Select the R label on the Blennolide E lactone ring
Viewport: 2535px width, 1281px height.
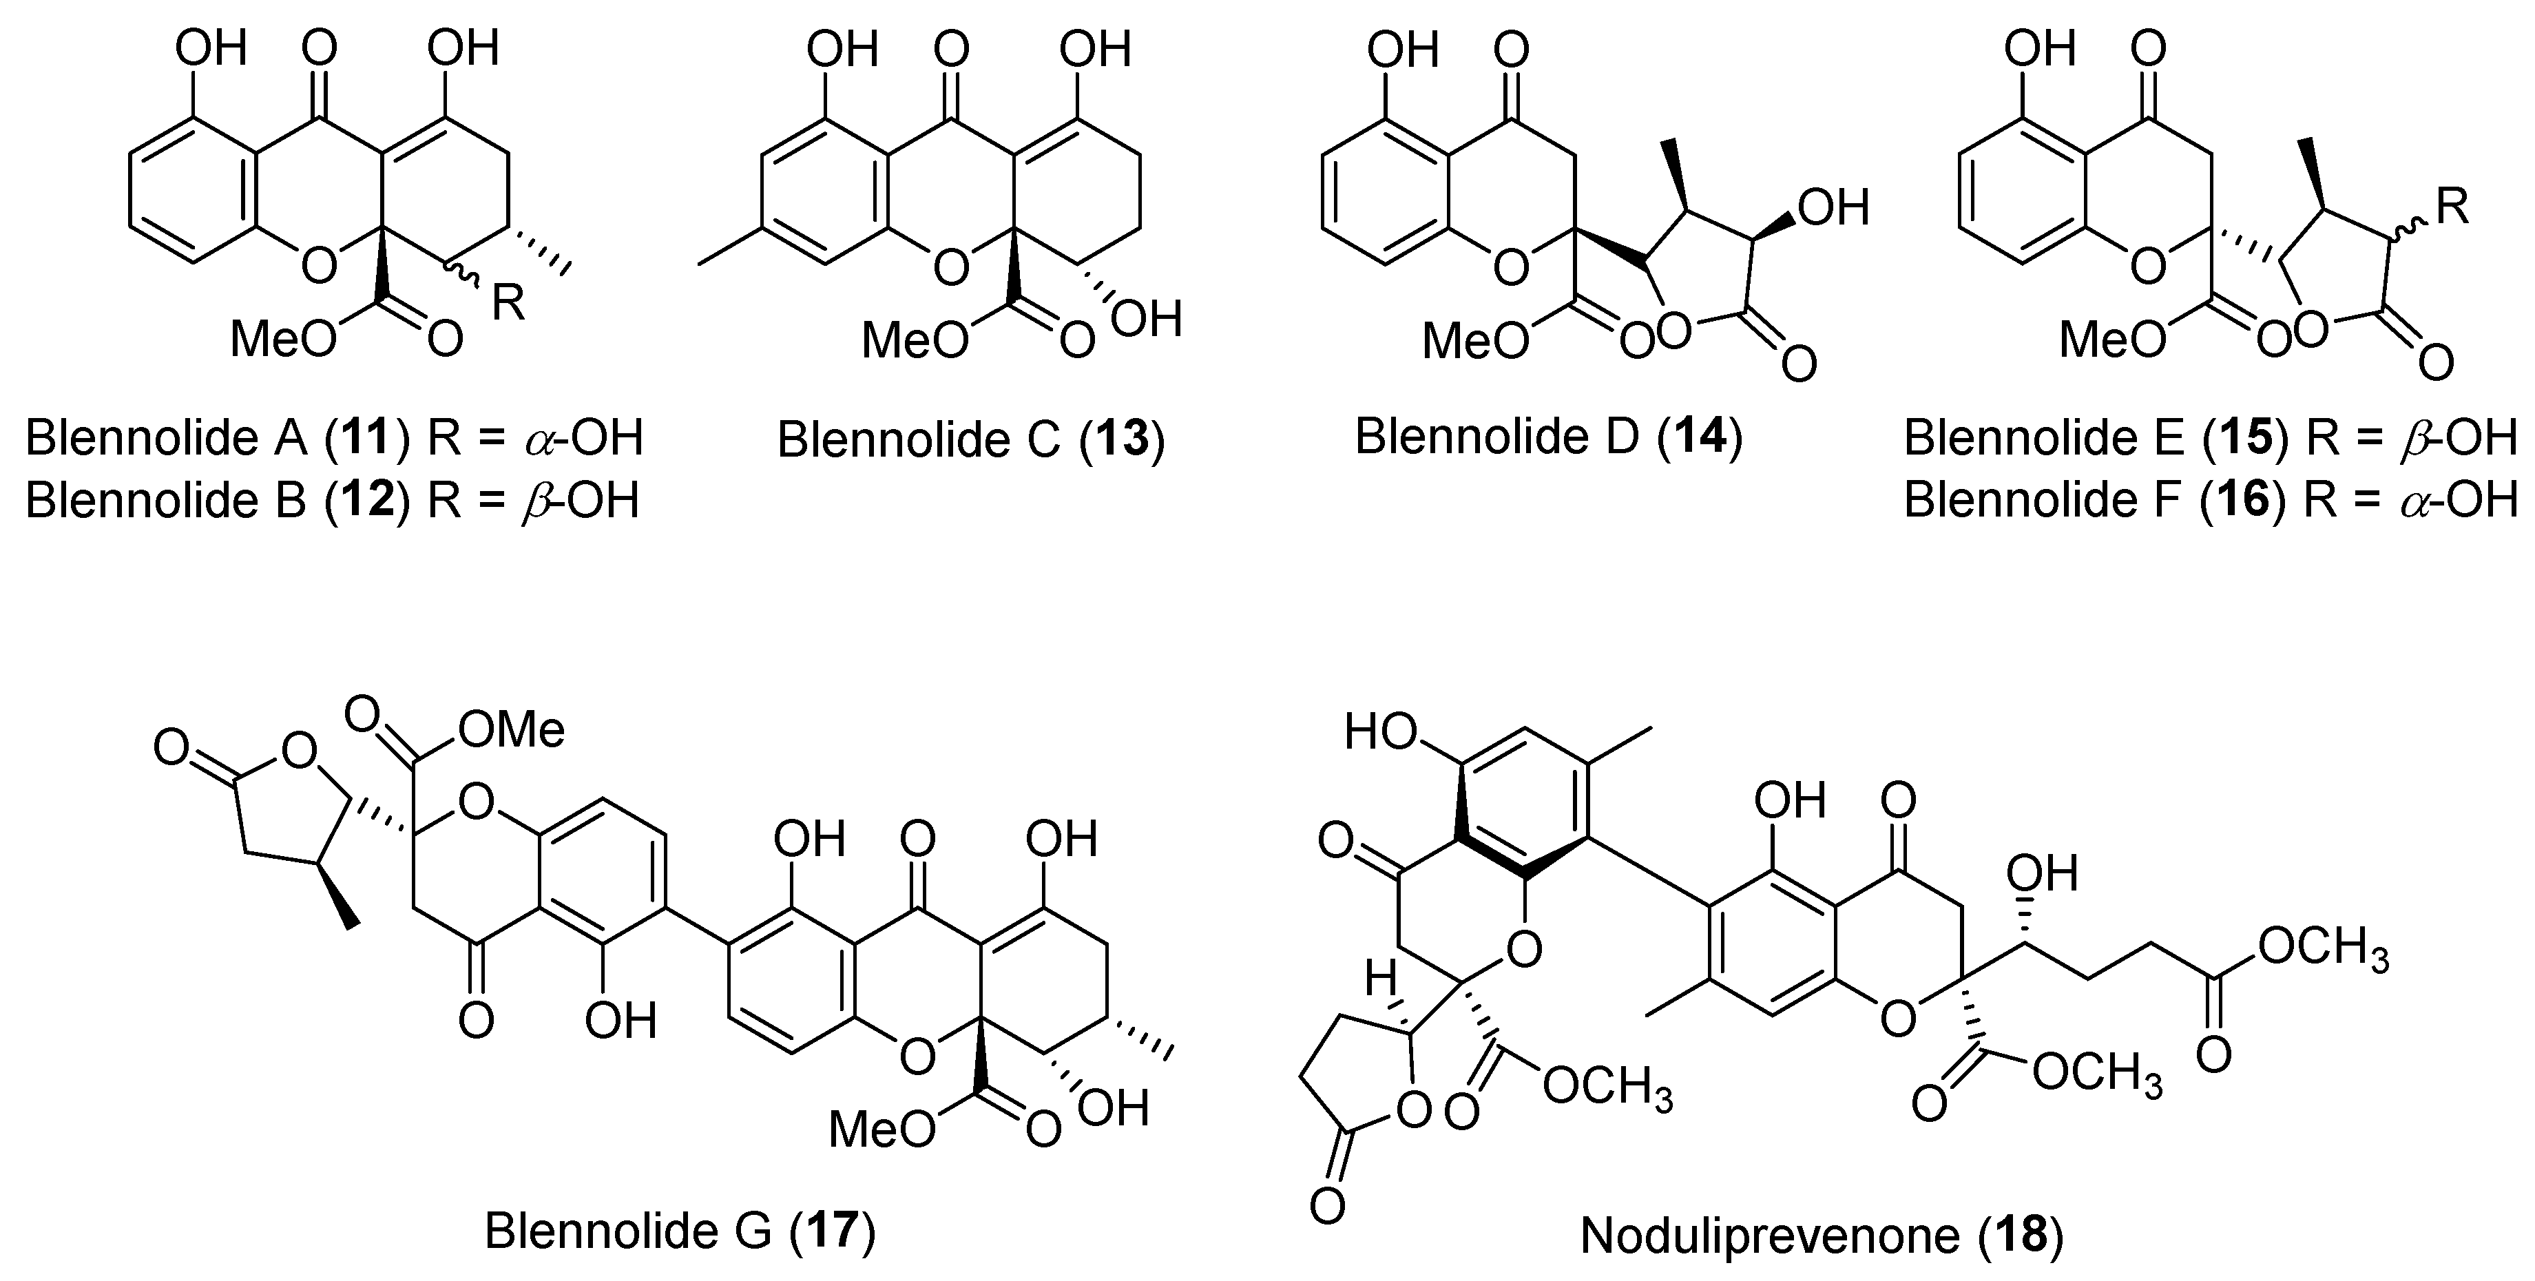click(2452, 207)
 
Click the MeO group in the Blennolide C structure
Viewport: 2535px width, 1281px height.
click(913, 340)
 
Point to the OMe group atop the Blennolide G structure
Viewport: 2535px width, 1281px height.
click(512, 730)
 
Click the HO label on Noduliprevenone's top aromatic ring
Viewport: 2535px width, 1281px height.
click(1381, 732)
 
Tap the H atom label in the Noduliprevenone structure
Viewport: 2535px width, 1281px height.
click(1381, 978)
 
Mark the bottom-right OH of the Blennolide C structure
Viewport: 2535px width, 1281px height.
click(1149, 320)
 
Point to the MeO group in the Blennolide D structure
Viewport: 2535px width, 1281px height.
click(1475, 340)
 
